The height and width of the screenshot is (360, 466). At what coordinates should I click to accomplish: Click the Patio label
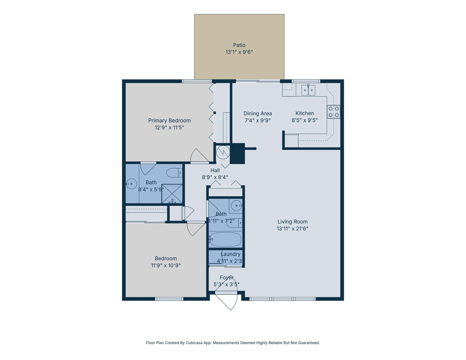[239, 45]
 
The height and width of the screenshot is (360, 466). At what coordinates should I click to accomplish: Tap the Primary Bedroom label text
[169, 120]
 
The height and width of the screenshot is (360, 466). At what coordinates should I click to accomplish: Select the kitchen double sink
[308, 90]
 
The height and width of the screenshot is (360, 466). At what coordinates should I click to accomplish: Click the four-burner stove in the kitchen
[333, 112]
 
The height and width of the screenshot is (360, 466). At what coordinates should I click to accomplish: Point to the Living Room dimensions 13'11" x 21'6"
[292, 229]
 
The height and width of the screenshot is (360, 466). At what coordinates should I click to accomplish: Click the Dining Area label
[257, 114]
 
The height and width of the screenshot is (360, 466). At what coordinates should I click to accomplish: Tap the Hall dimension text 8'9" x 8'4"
[215, 177]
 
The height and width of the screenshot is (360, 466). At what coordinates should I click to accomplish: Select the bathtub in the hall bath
[225, 239]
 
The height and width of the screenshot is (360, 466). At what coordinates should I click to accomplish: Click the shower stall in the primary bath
[172, 193]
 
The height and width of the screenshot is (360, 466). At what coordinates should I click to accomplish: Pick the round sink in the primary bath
[131, 184]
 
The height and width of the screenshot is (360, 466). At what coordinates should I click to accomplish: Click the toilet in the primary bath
[174, 173]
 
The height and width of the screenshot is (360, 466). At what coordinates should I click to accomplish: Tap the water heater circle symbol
[223, 153]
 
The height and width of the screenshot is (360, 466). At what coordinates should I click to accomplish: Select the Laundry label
[230, 254]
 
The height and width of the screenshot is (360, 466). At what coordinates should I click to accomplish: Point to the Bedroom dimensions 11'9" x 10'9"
[166, 265]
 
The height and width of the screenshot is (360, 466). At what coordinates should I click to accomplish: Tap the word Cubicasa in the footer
[194, 343]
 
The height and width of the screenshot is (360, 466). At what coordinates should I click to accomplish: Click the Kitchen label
[304, 113]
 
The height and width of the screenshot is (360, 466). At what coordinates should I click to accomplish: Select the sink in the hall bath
[236, 205]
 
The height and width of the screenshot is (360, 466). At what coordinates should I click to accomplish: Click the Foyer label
[227, 277]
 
